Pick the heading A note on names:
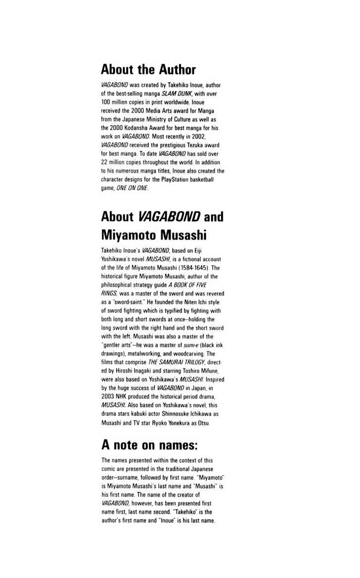point(149,445)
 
